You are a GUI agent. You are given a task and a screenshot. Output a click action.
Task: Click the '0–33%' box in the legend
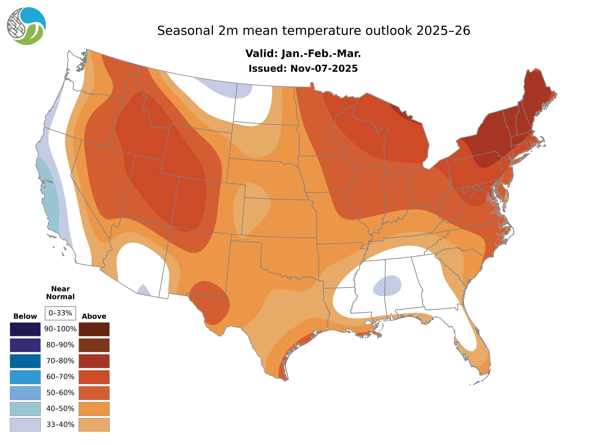pos(60,313)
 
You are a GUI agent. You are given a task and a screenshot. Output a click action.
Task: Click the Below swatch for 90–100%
pos(25,329)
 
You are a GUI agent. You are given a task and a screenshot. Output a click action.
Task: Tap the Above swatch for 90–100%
pos(94,329)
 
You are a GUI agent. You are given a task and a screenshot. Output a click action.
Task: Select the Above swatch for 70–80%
pos(94,361)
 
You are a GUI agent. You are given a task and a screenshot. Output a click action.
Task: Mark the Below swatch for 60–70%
pos(25,377)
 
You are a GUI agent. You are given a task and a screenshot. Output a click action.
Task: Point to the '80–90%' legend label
pos(60,345)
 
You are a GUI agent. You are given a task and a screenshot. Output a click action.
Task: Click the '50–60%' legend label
pos(60,393)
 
